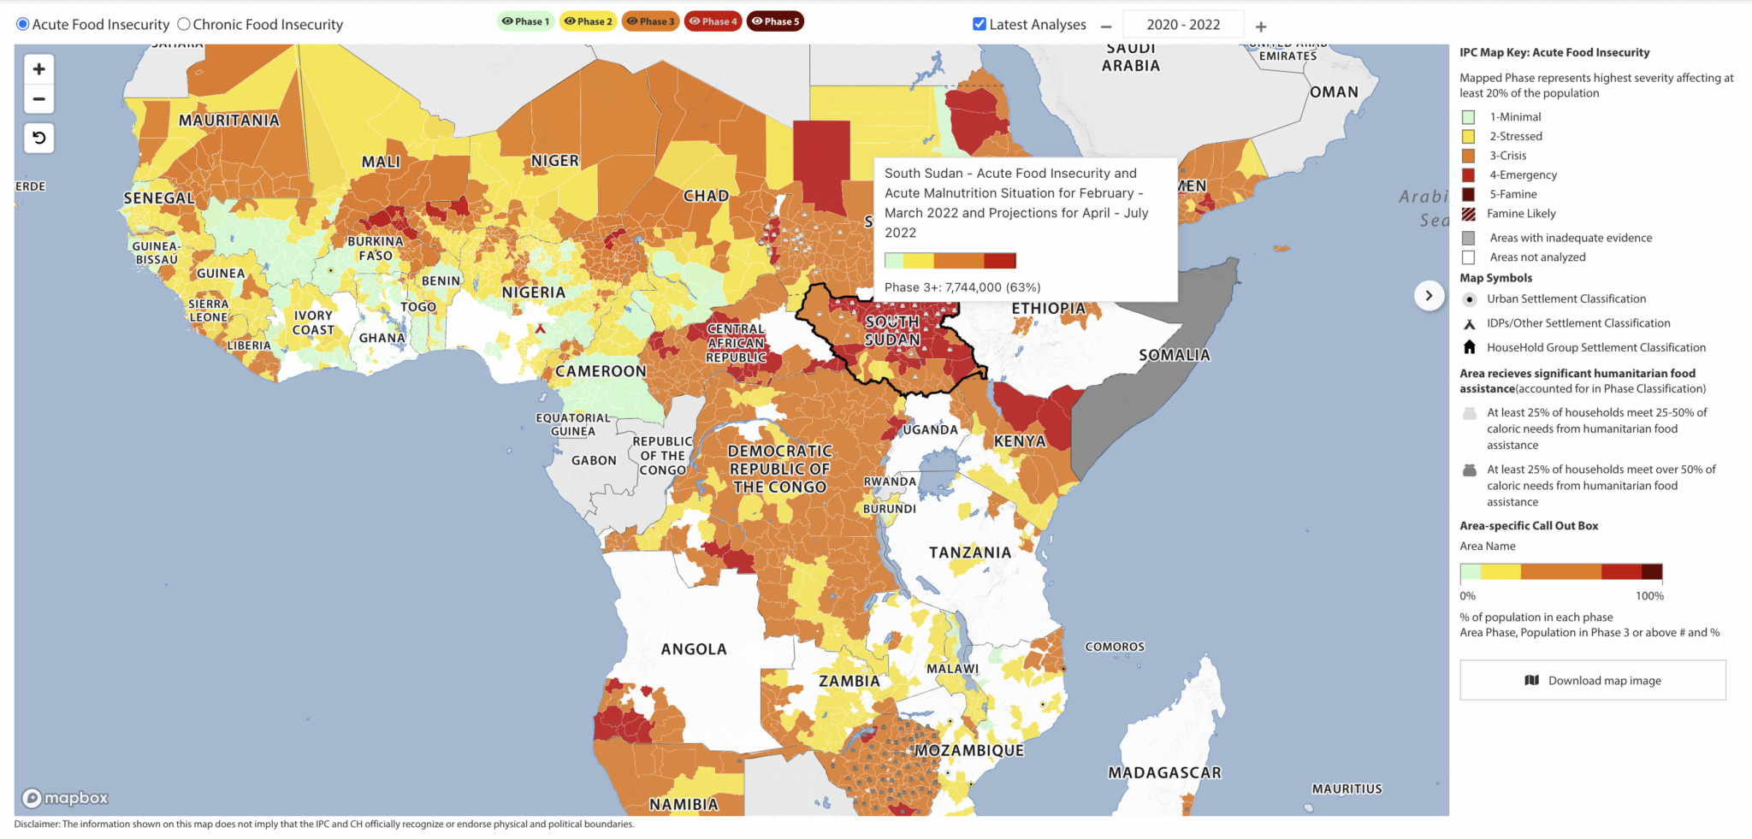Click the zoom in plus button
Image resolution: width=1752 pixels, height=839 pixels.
38,69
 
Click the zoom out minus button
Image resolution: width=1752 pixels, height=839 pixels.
38,99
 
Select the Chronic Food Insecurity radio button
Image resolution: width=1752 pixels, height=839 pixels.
183,24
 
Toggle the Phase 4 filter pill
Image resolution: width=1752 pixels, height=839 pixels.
713,21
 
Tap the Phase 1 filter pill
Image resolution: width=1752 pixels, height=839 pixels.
525,21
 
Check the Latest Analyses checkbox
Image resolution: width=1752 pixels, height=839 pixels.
980,24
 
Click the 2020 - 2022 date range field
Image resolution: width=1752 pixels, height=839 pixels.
1183,25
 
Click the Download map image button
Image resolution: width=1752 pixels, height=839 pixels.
1592,680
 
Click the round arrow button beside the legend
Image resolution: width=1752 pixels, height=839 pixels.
1429,296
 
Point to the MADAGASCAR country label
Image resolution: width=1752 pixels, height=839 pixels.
1164,772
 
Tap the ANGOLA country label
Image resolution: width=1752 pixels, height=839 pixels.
693,649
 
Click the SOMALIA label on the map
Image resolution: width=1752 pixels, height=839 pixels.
1174,355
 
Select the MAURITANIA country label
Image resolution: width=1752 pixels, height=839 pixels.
228,121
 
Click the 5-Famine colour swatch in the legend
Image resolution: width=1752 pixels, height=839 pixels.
1469,194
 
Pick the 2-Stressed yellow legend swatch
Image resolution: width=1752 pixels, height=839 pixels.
1469,136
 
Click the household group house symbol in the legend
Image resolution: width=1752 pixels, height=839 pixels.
1469,347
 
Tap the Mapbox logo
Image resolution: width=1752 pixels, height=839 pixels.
66,798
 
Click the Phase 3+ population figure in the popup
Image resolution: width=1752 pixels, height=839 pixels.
962,287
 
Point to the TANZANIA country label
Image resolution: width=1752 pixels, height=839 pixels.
970,552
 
